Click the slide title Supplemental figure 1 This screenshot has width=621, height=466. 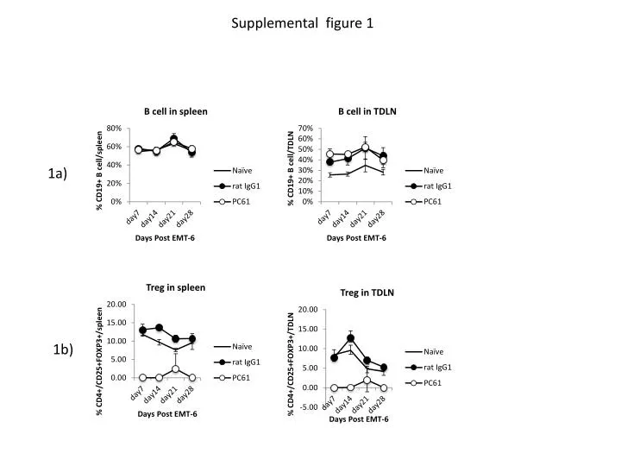click(302, 23)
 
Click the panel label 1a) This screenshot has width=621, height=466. click(58, 173)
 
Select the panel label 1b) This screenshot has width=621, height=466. click(63, 349)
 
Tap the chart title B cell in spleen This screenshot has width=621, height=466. click(175, 111)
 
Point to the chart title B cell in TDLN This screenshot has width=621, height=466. click(367, 111)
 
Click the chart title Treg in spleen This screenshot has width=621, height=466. click(175, 287)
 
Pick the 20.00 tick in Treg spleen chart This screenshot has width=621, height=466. click(116, 305)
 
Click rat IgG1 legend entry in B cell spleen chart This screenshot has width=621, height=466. click(245, 186)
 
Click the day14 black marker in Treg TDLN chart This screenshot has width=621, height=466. click(351, 338)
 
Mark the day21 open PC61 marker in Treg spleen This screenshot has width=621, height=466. click(175, 369)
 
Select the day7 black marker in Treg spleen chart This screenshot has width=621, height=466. click(142, 330)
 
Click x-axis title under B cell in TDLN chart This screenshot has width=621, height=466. click(356, 237)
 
